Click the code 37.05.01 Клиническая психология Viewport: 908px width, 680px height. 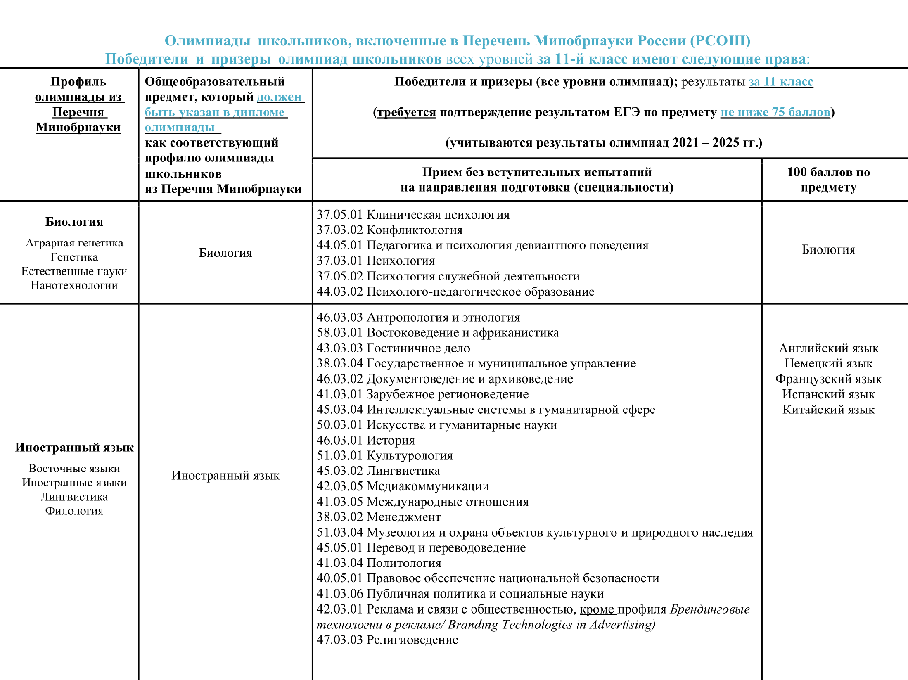click(x=413, y=215)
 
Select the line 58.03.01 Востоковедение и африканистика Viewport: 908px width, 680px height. click(x=438, y=333)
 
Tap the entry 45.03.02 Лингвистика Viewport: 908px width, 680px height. click(x=378, y=471)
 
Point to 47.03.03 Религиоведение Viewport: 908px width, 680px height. click(x=387, y=640)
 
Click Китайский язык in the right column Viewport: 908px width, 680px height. click(x=828, y=410)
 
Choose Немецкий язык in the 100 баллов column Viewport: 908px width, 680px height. click(x=828, y=363)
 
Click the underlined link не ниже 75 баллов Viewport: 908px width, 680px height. click(x=775, y=112)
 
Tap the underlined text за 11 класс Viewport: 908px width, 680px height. click(x=781, y=82)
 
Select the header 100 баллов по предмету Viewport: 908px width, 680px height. click(x=828, y=180)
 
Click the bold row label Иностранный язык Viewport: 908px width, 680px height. click(x=74, y=448)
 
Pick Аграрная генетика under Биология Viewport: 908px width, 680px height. click(x=74, y=243)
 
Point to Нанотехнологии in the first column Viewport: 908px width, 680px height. click(x=74, y=285)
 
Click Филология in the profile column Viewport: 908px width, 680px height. click(x=74, y=511)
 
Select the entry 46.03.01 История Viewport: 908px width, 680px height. click(x=365, y=440)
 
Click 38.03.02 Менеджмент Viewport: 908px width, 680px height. click(x=379, y=517)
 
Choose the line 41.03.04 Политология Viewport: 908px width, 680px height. click(x=379, y=563)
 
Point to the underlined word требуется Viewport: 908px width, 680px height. click(x=406, y=112)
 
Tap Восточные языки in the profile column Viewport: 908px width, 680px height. click(x=74, y=469)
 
